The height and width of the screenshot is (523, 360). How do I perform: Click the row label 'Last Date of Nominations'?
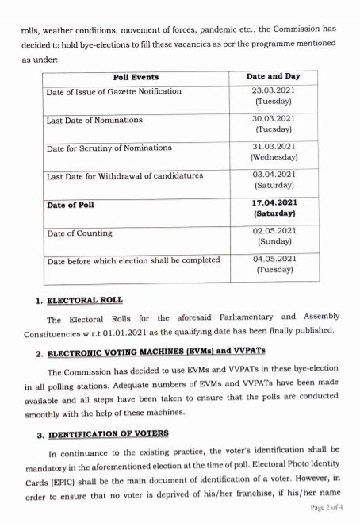(x=94, y=120)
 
